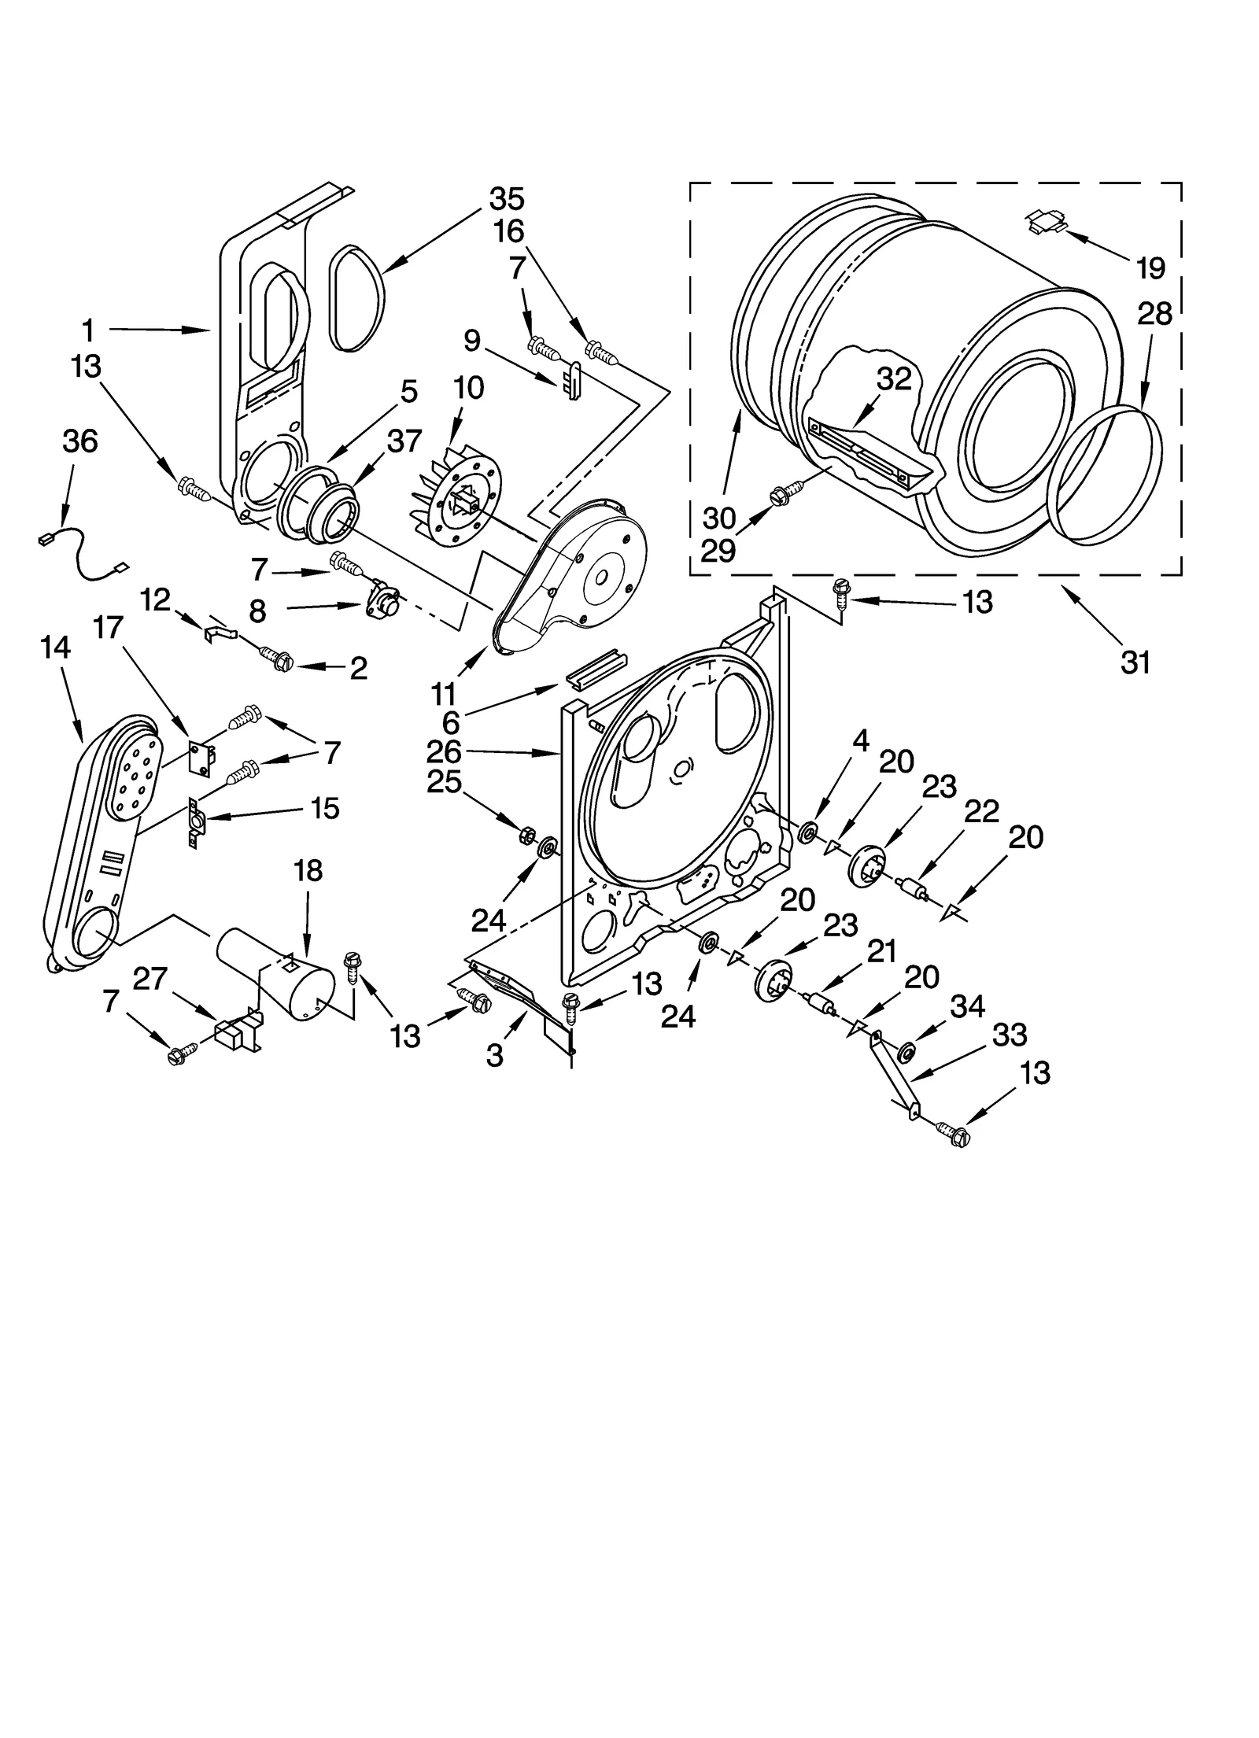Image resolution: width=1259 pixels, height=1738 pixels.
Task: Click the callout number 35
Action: click(506, 199)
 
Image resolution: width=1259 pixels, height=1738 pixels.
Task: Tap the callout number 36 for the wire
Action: click(79, 441)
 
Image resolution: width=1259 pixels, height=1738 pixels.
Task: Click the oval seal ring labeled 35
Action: click(356, 297)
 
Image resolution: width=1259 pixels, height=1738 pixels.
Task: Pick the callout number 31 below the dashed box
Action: click(1135, 662)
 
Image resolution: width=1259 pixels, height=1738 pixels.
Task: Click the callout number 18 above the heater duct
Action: click(308, 870)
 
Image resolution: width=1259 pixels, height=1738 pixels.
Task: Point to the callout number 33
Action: click(1010, 1035)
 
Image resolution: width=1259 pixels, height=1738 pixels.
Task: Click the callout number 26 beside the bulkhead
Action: click(443, 752)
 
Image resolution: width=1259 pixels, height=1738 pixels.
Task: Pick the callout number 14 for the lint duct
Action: click(56, 648)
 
